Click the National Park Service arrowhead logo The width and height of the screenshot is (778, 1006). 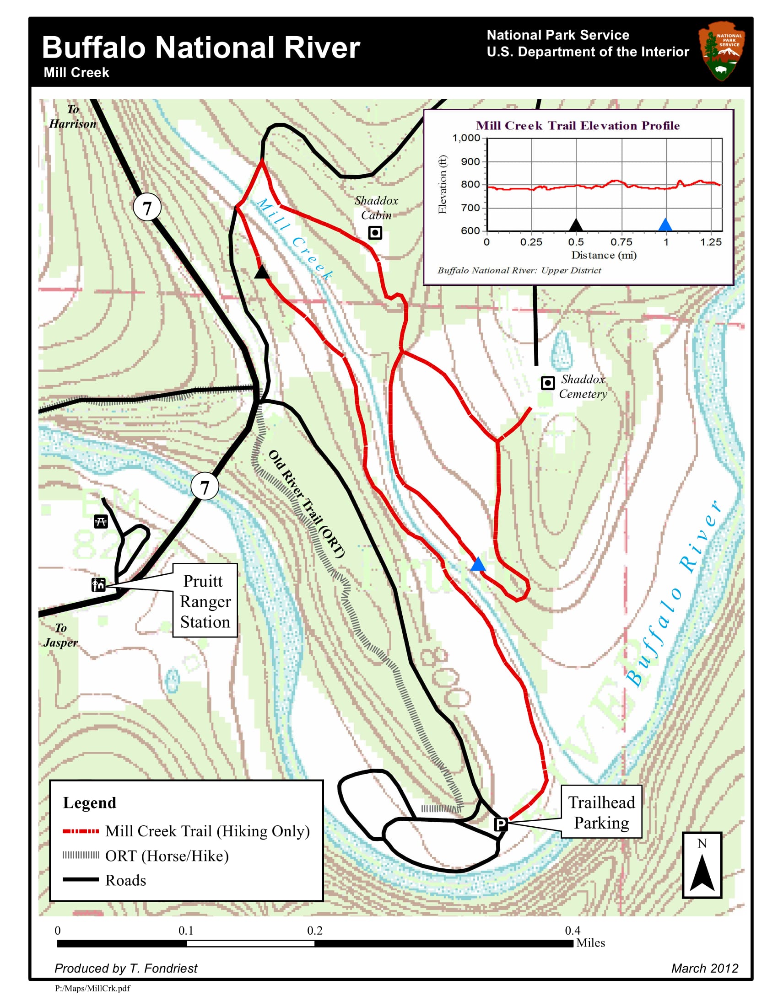click(721, 51)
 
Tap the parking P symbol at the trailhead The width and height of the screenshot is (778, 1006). click(501, 824)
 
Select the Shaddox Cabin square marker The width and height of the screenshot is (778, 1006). click(375, 233)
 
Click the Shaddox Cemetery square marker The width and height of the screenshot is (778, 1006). click(547, 383)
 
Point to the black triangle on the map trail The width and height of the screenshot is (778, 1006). click(262, 272)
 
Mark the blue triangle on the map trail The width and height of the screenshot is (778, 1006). click(478, 564)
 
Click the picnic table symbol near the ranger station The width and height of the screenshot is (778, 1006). click(101, 521)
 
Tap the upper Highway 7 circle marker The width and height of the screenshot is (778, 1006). click(146, 208)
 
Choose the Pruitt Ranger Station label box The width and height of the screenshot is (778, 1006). click(205, 601)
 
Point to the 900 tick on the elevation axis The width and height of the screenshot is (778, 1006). click(470, 162)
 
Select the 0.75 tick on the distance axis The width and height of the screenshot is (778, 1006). click(621, 242)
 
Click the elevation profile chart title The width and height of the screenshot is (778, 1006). click(578, 126)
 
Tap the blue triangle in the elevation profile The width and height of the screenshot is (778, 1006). click(665, 225)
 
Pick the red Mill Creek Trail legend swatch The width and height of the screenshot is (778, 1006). click(81, 831)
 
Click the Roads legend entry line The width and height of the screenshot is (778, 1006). click(81, 880)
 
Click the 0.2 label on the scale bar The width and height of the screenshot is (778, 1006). click(315, 931)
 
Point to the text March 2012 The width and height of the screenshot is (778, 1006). click(704, 968)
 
